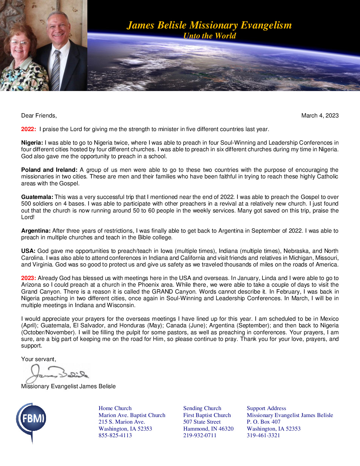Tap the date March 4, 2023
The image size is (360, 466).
click(x=320, y=116)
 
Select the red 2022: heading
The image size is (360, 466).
click(x=28, y=129)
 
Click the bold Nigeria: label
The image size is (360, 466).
click(x=32, y=143)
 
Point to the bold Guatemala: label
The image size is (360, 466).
click(x=37, y=197)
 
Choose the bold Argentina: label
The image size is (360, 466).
click(x=36, y=231)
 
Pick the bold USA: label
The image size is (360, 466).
click(x=28, y=251)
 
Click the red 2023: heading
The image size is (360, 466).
click(x=28, y=278)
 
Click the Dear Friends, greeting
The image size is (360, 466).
click(x=39, y=116)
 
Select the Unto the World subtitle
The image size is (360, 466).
click(x=209, y=36)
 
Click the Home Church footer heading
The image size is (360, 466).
click(x=115, y=408)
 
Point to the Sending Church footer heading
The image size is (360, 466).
click(x=202, y=408)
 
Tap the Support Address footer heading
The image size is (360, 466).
click(x=266, y=408)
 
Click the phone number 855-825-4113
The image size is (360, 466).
click(x=115, y=435)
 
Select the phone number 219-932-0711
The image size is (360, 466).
click(x=200, y=435)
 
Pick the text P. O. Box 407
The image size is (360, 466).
click(x=263, y=422)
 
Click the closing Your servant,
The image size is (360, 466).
click(x=38, y=359)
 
